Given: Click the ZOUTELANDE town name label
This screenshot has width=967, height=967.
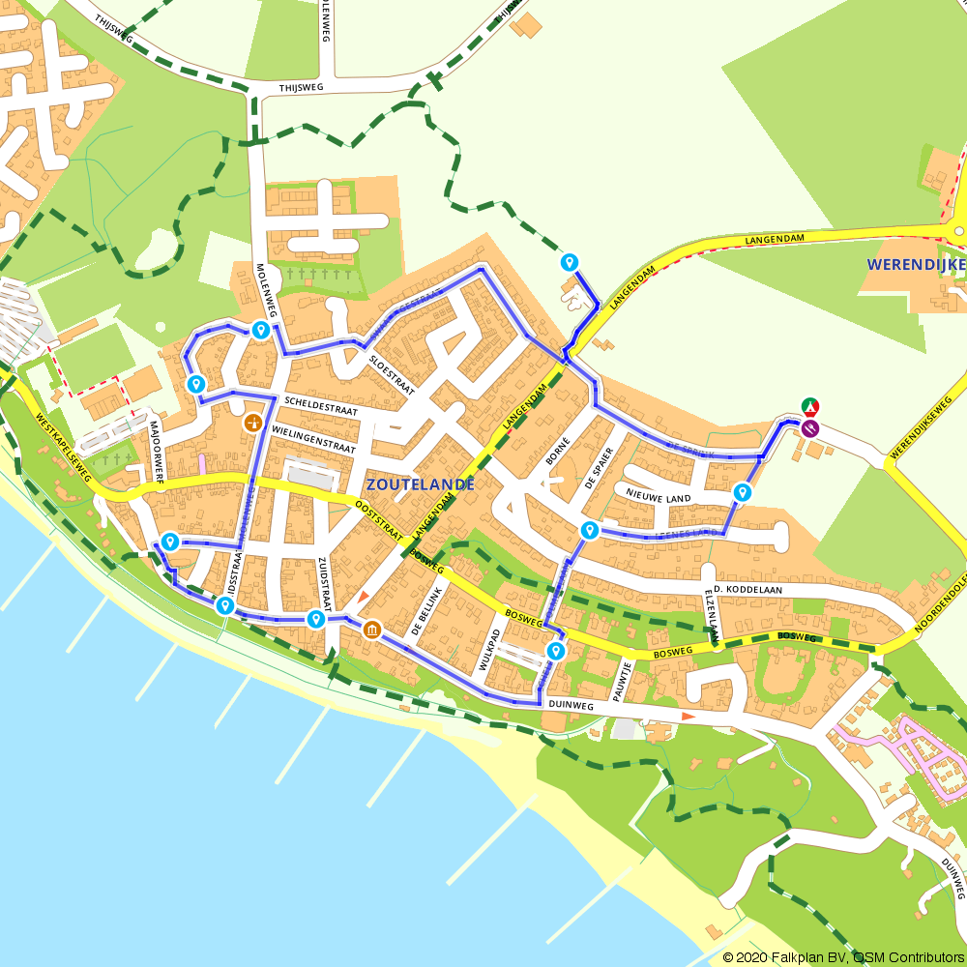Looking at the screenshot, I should (421, 484).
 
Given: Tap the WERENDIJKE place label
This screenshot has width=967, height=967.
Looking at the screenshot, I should (914, 263).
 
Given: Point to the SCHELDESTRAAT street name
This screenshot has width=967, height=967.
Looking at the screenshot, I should (321, 411).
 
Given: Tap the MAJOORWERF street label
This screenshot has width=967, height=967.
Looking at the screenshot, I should (158, 451).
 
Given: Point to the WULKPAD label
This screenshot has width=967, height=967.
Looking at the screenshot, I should (489, 650).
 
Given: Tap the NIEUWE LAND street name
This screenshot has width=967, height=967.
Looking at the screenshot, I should (659, 498).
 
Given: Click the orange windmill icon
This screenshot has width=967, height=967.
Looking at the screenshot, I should (253, 422).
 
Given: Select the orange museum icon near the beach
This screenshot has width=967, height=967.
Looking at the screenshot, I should (372, 630).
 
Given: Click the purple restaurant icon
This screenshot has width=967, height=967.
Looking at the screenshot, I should (810, 426).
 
